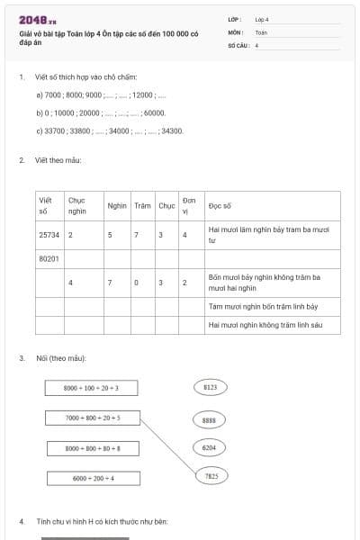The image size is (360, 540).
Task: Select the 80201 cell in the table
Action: (49, 258)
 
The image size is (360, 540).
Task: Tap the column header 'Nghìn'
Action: (117, 205)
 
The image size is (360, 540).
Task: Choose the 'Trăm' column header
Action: (142, 205)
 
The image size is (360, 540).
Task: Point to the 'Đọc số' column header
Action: (220, 205)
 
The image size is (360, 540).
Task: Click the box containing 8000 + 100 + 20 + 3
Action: (91, 388)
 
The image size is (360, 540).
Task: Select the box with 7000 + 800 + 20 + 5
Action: (91, 418)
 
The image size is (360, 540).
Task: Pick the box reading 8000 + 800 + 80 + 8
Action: (91, 447)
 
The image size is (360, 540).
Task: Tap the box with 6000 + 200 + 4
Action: (91, 477)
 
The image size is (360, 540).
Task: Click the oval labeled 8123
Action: (211, 387)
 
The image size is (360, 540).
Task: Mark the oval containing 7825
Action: (211, 475)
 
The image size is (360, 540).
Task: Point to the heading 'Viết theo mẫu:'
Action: (59, 160)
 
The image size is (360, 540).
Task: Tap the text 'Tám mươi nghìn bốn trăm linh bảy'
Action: (262, 307)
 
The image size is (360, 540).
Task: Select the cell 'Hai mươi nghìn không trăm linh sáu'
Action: (265, 324)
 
